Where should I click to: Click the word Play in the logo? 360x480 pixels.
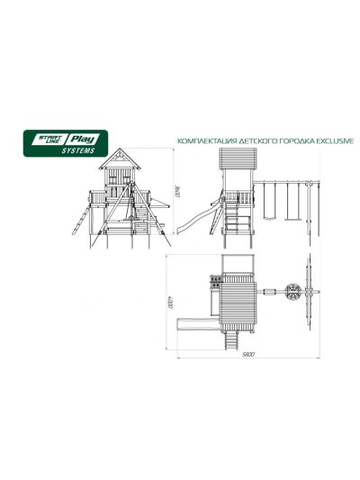coord(82,140)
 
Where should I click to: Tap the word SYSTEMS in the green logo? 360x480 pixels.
coord(78,150)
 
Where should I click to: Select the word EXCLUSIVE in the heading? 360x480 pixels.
coord(334,141)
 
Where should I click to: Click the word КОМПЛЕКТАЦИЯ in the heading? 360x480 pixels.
coord(208,141)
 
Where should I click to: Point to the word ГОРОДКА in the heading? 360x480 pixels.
coord(297,141)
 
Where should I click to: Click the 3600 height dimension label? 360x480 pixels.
coord(177,191)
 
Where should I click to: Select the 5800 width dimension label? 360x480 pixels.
coord(248,355)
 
